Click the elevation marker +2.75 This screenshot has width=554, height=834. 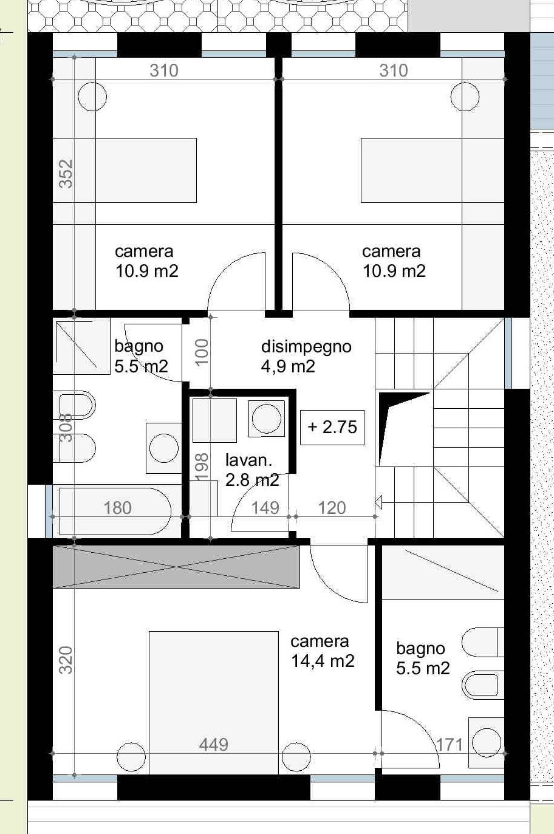point(332,427)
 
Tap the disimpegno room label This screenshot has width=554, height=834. point(306,347)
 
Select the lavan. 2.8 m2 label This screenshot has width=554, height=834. point(251,470)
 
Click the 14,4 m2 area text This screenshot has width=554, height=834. point(323,661)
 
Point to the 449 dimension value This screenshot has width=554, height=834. point(213,744)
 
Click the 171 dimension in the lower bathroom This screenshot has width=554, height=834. point(450,744)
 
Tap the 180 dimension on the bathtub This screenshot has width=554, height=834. point(117,507)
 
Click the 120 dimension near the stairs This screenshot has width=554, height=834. point(332,507)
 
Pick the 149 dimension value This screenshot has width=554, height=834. point(265,507)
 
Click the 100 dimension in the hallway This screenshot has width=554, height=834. point(202,351)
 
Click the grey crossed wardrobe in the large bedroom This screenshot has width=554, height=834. point(176,567)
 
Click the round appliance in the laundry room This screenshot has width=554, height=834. point(267,418)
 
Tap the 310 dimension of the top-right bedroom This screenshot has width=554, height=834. point(394,70)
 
